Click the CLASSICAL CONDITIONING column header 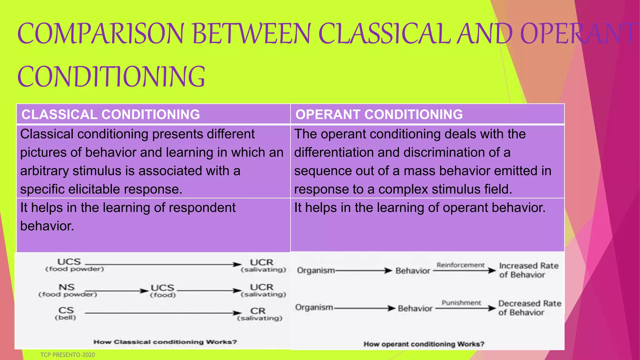click(x=111, y=114)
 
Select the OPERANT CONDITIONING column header click(x=379, y=114)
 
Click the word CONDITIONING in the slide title click(x=111, y=77)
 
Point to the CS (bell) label click(x=66, y=313)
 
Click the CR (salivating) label click(x=259, y=314)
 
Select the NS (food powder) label click(x=67, y=290)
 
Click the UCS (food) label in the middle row click(x=162, y=291)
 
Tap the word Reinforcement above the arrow click(x=460, y=265)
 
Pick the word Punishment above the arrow click(x=461, y=302)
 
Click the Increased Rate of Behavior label click(x=528, y=270)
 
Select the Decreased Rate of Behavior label click(x=529, y=308)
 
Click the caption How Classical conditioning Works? click(x=165, y=342)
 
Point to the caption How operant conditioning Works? click(x=424, y=344)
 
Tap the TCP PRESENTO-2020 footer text click(x=67, y=355)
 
